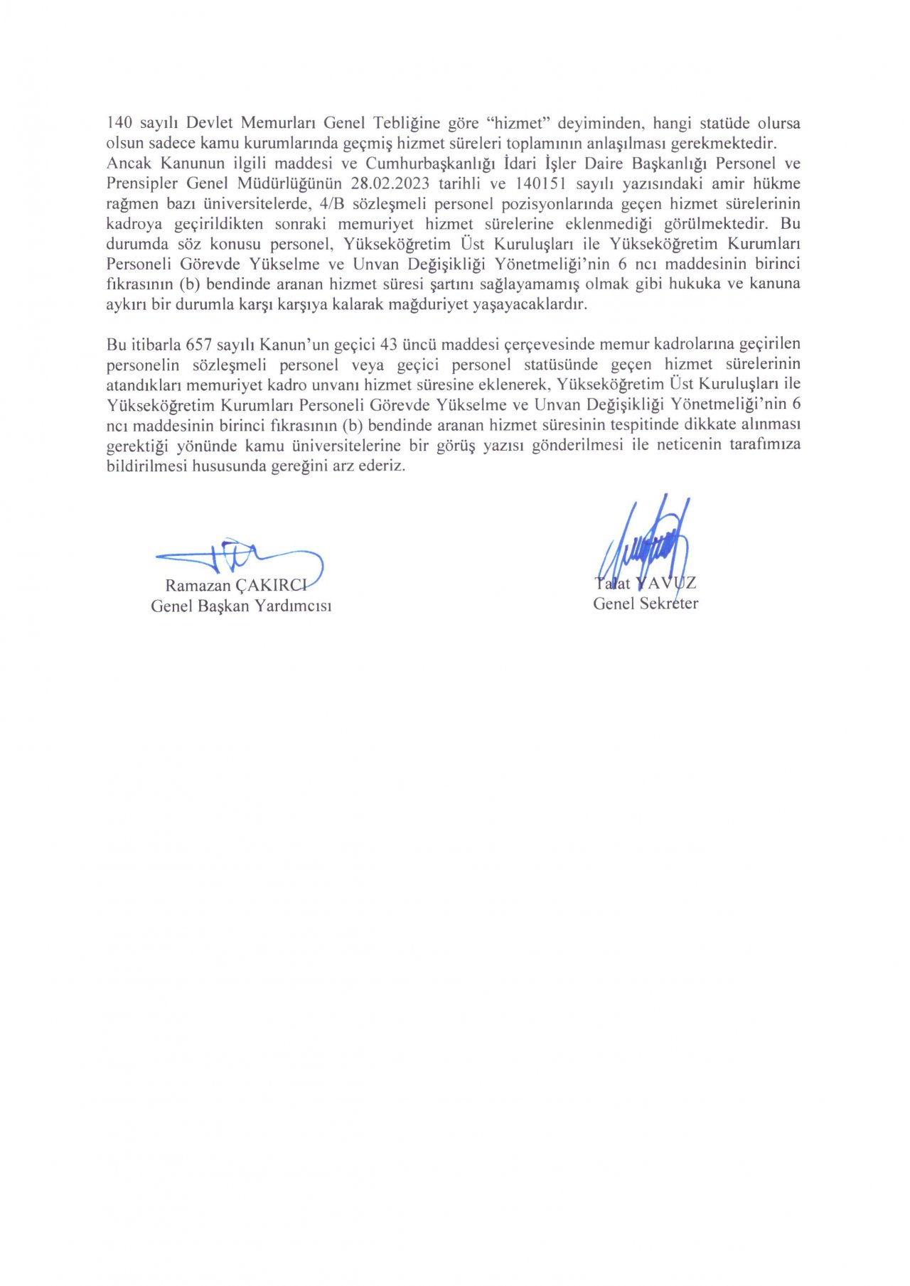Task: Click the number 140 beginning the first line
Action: pos(119,122)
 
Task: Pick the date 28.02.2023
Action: pos(390,183)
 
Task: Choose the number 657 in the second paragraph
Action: pos(198,344)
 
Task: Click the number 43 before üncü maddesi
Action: pos(388,344)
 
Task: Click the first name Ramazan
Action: pos(198,586)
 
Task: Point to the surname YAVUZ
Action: pos(665,584)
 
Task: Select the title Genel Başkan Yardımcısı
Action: pos(241,606)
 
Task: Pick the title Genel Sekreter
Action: pos(646,604)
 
